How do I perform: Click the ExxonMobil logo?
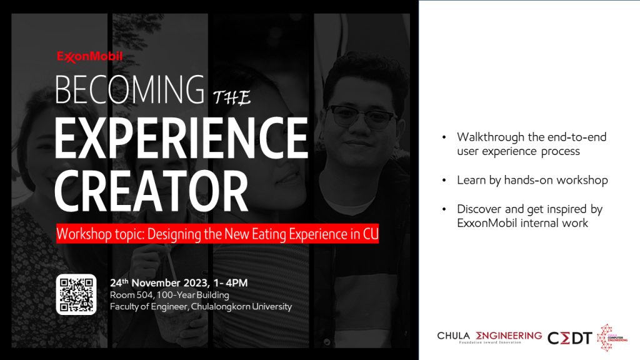[89, 57]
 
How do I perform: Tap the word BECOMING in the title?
[129, 90]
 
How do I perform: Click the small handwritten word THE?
[232, 97]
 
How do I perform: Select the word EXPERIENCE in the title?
[181, 138]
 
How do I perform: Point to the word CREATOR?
[151, 191]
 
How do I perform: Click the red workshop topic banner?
[217, 234]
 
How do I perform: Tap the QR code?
[76, 294]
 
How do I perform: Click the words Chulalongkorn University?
[241, 306]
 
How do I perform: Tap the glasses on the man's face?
[361, 116]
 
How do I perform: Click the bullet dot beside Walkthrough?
[444, 137]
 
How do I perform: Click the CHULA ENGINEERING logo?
[489, 337]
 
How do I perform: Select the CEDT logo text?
[570, 338]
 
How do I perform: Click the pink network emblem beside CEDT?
[611, 337]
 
